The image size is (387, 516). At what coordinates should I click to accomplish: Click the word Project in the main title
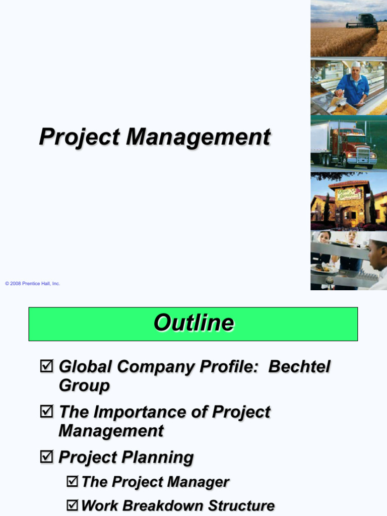[80, 137]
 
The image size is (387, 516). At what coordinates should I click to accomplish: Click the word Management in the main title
[198, 137]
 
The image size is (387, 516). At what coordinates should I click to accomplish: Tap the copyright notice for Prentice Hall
[33, 283]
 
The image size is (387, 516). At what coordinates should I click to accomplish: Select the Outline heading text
[194, 322]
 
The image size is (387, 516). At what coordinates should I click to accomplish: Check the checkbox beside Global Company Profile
[46, 366]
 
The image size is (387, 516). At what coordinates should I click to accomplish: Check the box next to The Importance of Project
[46, 411]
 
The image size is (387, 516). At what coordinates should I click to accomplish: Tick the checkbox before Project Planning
[46, 456]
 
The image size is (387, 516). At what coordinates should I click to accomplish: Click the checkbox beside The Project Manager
[73, 481]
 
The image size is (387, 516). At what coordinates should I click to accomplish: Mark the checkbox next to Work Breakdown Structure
[73, 505]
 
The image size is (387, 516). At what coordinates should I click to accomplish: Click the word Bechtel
[299, 367]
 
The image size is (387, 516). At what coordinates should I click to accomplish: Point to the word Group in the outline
[84, 385]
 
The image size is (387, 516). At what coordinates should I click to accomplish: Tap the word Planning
[158, 458]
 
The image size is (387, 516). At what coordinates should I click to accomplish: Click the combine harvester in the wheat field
[362, 22]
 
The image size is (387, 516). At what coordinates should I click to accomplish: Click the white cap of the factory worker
[356, 64]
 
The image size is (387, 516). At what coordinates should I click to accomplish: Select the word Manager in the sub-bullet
[198, 482]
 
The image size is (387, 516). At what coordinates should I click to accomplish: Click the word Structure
[241, 505]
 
